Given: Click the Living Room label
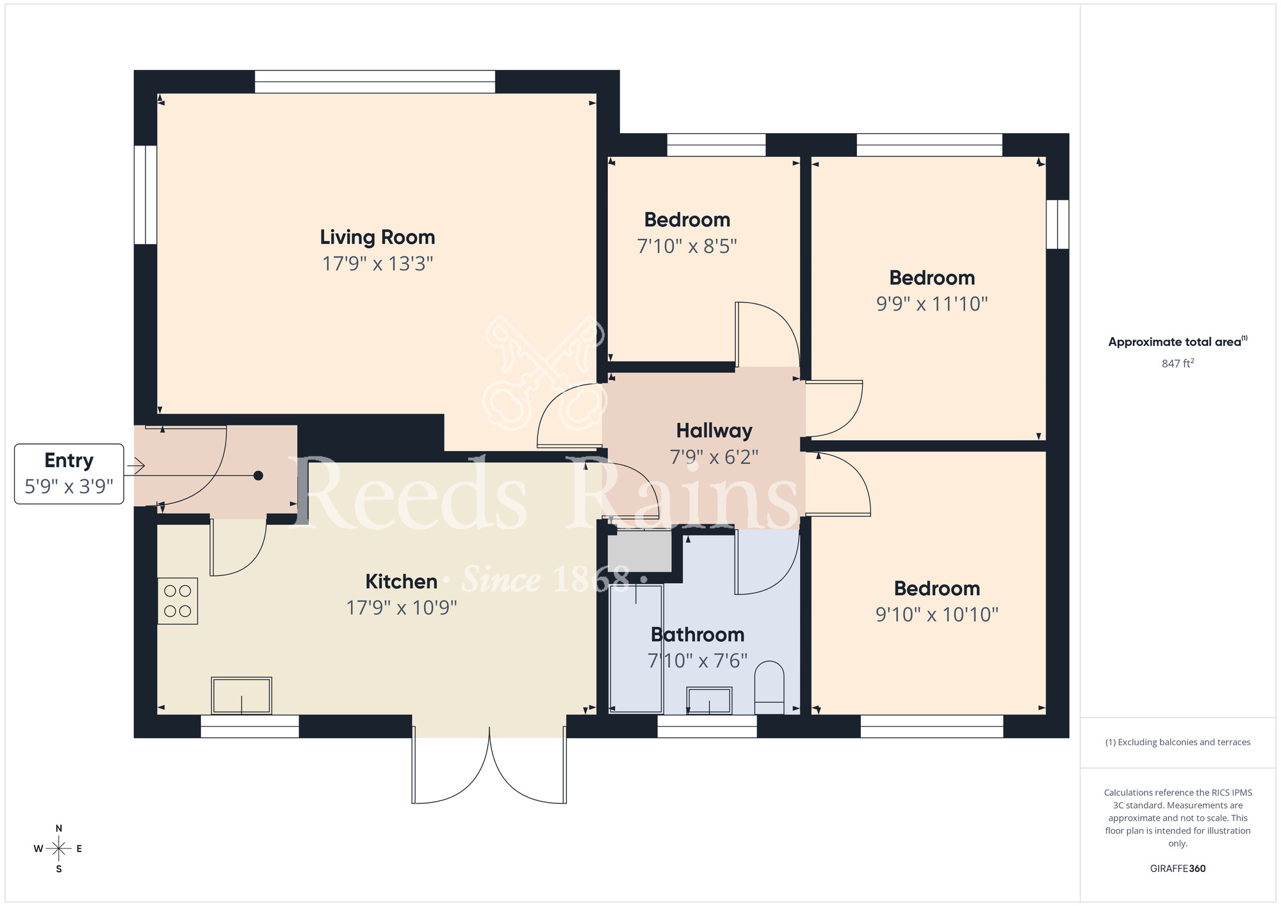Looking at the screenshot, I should [x=377, y=237].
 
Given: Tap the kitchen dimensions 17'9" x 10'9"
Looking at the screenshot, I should [x=402, y=607].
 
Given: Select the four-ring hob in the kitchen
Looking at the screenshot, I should [x=177, y=601].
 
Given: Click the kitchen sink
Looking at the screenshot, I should [x=241, y=695].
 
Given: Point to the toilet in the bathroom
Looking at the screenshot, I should [x=769, y=687].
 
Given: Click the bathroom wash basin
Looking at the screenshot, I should [x=709, y=700].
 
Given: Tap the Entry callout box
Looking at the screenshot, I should [x=69, y=474].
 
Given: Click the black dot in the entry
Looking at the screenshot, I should [x=258, y=475].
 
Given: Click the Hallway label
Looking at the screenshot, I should [x=714, y=431].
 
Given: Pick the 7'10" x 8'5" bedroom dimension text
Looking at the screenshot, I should [x=687, y=246].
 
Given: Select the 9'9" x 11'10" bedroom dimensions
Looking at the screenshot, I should [x=932, y=304].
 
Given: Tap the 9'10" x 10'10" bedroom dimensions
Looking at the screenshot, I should [x=936, y=614].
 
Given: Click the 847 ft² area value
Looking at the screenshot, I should [x=1177, y=363].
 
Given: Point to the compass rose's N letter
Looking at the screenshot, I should [x=59, y=828].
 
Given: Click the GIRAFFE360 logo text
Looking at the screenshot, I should [x=1177, y=869].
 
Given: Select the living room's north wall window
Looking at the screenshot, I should [x=375, y=81].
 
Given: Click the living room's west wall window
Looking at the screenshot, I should [x=145, y=195].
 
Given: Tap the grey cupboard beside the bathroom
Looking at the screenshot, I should [x=639, y=551].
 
